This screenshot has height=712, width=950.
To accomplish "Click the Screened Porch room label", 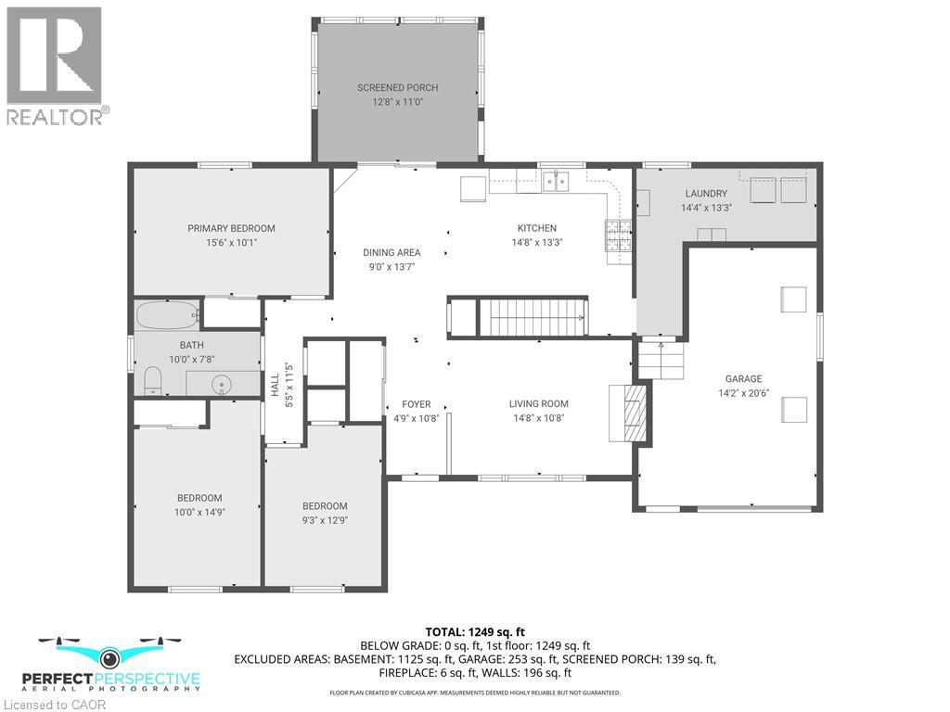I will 397,88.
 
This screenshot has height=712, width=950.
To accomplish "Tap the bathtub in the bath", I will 168,315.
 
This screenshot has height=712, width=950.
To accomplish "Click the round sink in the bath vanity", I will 222,383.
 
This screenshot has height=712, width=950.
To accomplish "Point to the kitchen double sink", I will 557,181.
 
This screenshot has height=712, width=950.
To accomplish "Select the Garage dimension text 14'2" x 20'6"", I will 743,392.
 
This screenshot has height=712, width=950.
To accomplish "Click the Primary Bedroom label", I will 231,228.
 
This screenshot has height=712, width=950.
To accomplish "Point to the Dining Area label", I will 392,252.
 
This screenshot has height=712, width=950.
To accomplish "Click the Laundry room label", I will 706,194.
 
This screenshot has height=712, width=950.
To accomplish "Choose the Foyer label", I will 416,404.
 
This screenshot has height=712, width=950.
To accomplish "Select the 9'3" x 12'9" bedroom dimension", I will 325,519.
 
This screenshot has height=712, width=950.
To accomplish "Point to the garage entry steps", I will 661,359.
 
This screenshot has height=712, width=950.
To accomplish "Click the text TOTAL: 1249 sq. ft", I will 474,631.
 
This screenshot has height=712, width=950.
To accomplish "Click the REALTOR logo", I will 56,65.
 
